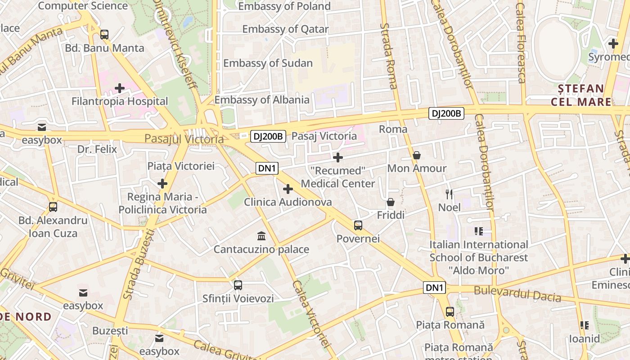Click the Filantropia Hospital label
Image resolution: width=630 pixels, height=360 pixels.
click(120, 101)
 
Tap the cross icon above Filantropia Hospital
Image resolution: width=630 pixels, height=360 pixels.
click(120, 88)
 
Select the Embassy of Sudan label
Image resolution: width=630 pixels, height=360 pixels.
click(268, 63)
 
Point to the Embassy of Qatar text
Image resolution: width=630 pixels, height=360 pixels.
click(285, 29)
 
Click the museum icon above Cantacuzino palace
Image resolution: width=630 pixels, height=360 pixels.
click(261, 236)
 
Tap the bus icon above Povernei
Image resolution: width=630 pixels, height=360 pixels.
click(358, 225)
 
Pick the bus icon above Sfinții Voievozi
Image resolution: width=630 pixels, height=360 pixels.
click(238, 285)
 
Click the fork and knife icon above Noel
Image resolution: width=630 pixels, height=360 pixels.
click(449, 194)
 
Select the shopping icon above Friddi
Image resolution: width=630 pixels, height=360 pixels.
click(391, 202)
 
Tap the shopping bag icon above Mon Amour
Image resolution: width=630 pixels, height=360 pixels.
click(417, 155)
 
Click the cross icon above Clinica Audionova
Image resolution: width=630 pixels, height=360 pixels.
click(288, 189)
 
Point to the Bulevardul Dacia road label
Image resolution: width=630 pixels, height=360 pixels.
click(517, 294)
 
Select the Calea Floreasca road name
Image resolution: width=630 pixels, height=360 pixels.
click(521, 43)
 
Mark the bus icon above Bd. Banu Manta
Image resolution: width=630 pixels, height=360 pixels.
click(104, 34)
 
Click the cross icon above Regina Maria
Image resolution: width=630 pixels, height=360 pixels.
click(162, 184)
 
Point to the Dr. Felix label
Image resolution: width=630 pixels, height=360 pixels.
click(97, 149)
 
